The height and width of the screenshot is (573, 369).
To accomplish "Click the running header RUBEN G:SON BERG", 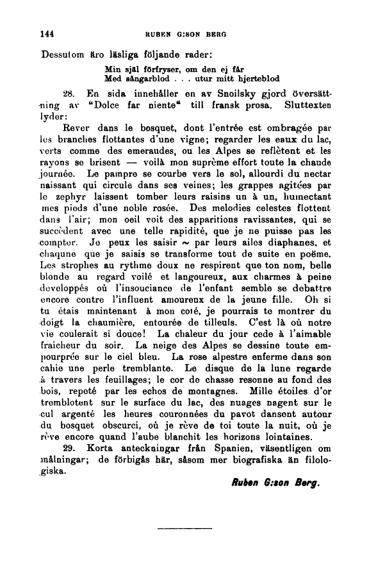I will pos(193,33).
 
